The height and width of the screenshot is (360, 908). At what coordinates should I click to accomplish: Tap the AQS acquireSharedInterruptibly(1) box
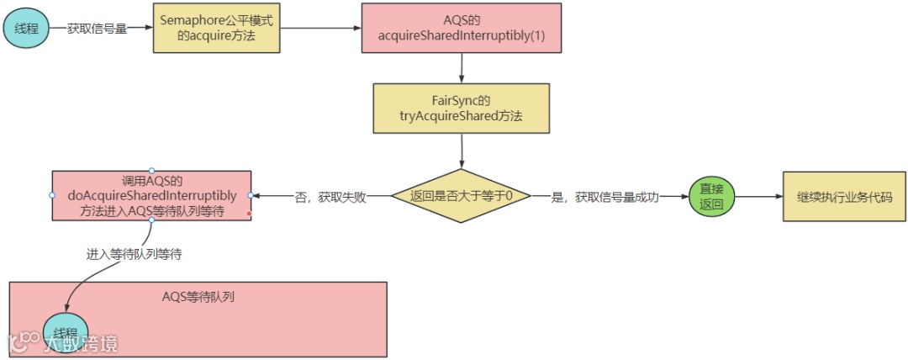(x=462, y=28)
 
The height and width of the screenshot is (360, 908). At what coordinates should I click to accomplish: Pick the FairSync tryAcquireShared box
(x=461, y=108)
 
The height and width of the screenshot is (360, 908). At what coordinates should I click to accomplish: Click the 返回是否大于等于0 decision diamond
(x=462, y=195)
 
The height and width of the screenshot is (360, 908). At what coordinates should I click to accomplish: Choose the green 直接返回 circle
(x=711, y=196)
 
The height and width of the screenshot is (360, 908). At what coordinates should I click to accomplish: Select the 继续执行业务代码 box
(x=844, y=196)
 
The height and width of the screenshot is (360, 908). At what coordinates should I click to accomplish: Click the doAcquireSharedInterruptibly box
(x=151, y=195)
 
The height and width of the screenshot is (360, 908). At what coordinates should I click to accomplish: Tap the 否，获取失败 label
(x=323, y=196)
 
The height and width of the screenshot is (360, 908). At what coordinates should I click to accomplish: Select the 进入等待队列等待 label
(x=135, y=253)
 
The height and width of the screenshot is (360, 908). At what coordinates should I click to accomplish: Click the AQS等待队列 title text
(x=198, y=297)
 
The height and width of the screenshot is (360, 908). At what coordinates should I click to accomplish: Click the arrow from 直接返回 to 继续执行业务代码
(x=757, y=196)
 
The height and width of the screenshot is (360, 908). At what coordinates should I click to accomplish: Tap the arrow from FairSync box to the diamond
(x=462, y=149)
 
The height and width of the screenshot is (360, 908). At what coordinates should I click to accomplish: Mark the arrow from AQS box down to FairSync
(x=462, y=67)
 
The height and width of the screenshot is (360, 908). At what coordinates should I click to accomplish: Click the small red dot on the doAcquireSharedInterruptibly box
(x=249, y=214)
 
